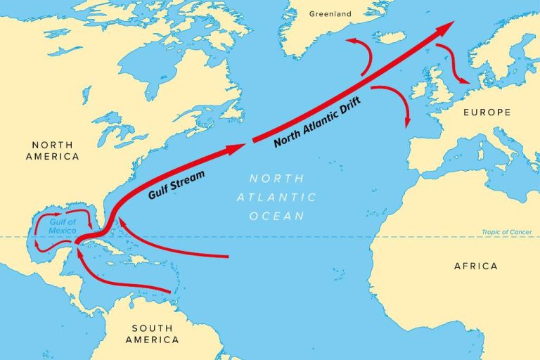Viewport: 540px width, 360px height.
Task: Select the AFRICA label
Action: pos(476,266)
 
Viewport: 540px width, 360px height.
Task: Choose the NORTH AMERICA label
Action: pos(52,150)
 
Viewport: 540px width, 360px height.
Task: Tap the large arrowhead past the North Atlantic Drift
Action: pos(444,27)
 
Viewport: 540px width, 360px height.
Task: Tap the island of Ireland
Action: pos(419,90)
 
